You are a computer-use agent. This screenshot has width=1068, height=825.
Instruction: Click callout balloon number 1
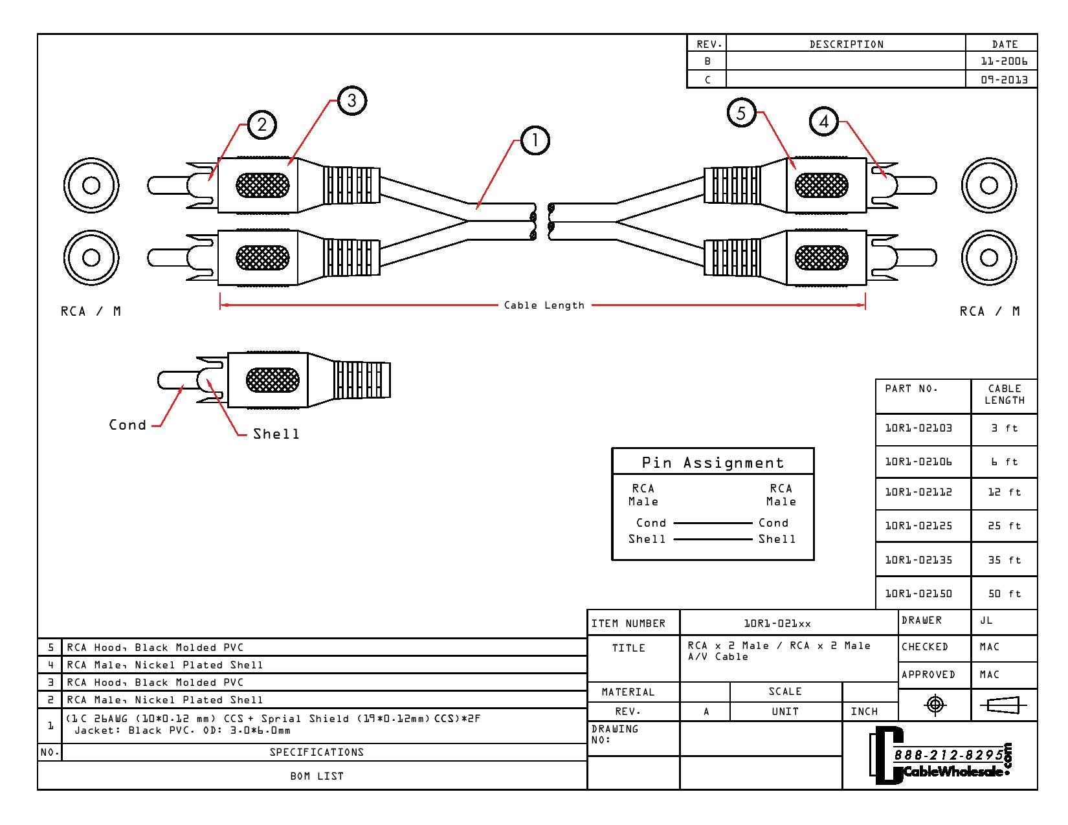[535, 141]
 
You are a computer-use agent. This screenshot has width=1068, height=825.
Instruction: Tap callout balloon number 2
[262, 124]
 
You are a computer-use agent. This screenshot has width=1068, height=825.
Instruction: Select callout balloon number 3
[352, 100]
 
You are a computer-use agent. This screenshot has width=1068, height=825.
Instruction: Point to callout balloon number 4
[824, 122]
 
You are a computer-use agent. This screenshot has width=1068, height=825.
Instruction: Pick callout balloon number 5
[741, 113]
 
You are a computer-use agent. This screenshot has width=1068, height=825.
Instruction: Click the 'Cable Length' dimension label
[544, 305]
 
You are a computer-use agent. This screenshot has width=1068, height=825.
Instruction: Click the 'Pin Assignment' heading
[713, 463]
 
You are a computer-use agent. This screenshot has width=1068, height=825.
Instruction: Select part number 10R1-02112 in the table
[918, 492]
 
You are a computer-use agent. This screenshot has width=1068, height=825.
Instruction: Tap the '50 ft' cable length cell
[1004, 594]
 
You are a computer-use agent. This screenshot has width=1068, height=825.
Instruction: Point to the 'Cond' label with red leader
[128, 425]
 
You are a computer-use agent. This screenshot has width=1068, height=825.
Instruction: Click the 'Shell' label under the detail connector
[276, 434]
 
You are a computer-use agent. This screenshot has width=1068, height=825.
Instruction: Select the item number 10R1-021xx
[777, 624]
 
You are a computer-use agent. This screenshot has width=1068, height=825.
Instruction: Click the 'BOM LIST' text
[317, 776]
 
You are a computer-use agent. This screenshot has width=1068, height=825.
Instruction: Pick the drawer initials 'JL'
[986, 621]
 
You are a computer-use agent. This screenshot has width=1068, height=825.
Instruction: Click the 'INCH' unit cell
[864, 712]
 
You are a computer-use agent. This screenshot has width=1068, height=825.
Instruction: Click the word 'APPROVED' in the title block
[928, 675]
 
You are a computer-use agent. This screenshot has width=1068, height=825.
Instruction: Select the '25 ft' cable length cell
[1004, 526]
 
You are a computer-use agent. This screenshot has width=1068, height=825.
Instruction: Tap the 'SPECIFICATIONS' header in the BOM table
[317, 753]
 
